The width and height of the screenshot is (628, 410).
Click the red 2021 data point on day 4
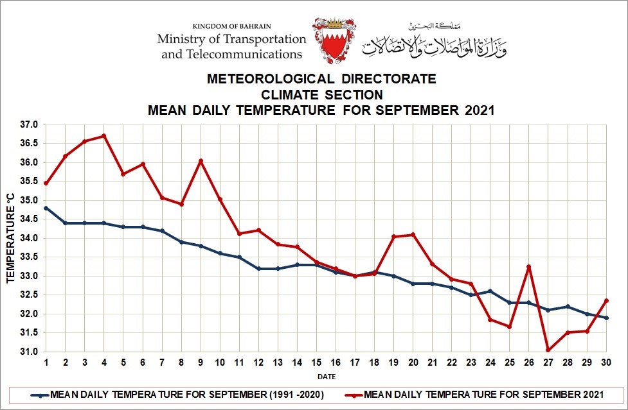[103, 136]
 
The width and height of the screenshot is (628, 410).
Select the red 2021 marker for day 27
[548, 350]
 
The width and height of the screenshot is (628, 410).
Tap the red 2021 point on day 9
[201, 161]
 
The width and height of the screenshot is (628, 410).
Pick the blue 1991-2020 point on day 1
[46, 208]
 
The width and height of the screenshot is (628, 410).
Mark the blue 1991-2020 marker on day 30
[606, 318]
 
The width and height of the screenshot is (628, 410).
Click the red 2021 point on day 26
[528, 267]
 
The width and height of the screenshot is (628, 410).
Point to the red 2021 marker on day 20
[413, 235]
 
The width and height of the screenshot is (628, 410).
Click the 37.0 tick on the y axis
[30, 124]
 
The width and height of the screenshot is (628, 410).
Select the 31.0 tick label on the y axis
[30, 352]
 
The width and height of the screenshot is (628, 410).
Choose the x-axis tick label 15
[316, 363]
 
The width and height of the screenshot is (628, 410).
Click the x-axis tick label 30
[606, 363]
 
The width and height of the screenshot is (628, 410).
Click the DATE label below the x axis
[326, 377]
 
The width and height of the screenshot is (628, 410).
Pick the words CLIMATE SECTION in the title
[321, 94]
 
